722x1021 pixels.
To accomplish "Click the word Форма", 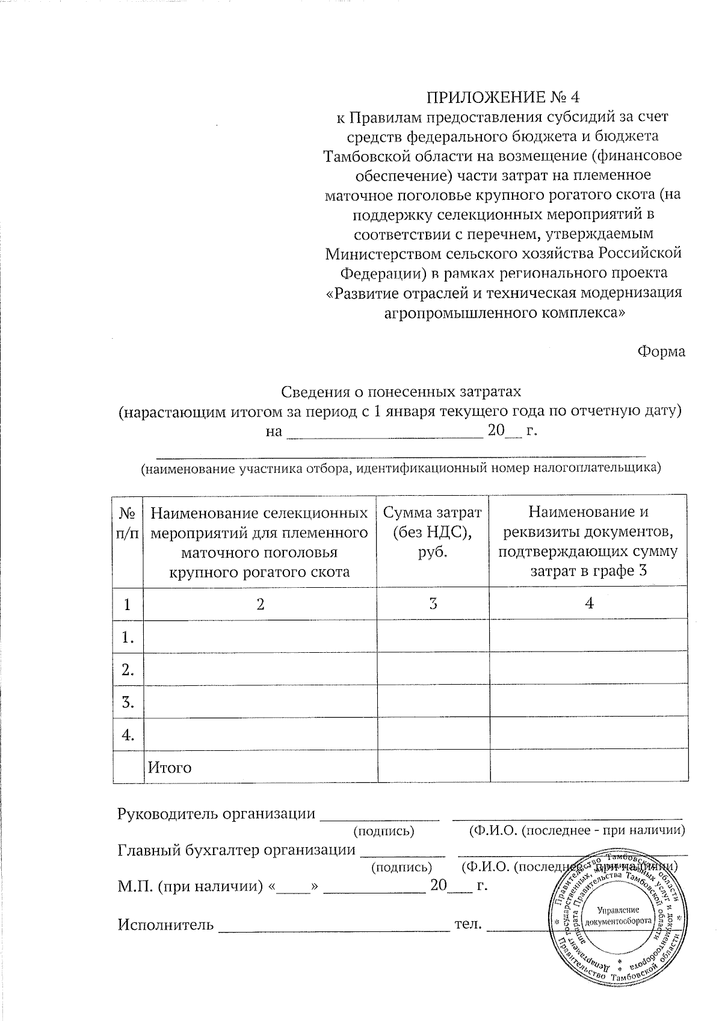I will (661, 351).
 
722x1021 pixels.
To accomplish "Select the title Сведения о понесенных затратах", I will (401, 392).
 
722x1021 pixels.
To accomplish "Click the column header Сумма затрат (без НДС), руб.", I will (433, 532).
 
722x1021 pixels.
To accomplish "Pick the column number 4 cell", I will (589, 603).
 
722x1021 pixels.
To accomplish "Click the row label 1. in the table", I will (128, 637).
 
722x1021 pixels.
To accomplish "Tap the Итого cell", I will (170, 768).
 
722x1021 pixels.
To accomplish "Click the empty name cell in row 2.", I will (260, 669).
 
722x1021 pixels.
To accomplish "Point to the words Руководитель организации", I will (216, 814).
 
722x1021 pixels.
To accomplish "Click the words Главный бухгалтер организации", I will (236, 850).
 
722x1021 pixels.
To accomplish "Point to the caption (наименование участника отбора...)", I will (401, 467).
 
